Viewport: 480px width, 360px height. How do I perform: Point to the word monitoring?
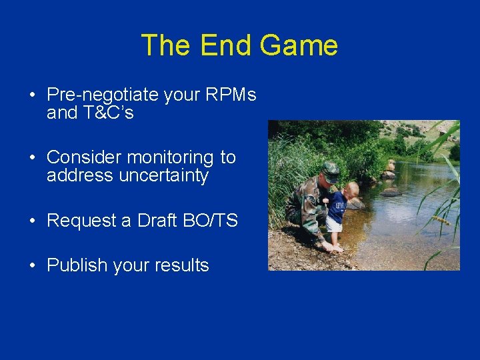170,157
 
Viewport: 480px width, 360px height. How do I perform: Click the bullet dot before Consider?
32,158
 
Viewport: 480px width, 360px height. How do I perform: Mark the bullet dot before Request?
32,221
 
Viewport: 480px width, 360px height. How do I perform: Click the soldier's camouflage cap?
330,169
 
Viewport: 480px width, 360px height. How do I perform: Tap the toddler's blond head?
351,189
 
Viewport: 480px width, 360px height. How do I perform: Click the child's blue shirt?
337,206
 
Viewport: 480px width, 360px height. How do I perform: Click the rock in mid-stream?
391,192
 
